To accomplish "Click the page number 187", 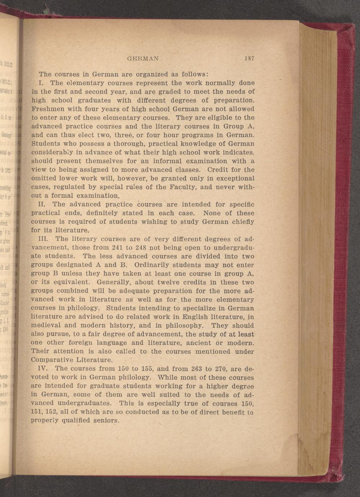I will (249, 58).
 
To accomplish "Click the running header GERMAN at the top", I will (143, 58).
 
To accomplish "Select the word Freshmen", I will (45, 109).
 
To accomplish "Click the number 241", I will (125, 247).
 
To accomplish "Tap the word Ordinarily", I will (152, 265).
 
